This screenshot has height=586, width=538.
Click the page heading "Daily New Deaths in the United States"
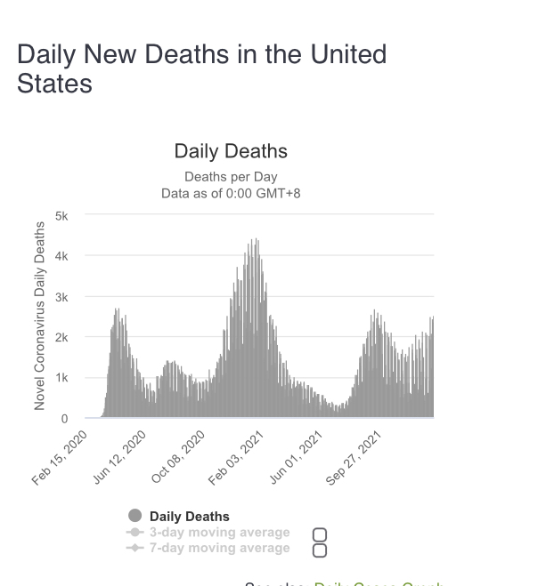(x=201, y=68)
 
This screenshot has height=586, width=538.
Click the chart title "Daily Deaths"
(x=231, y=151)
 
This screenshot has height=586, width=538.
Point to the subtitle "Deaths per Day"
(x=231, y=177)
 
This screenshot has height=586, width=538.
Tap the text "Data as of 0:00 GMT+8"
(x=231, y=193)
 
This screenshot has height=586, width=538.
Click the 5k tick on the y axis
(x=61, y=215)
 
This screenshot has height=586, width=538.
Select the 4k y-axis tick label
(x=61, y=256)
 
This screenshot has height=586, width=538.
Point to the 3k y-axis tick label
(x=61, y=296)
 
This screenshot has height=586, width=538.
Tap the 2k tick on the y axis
(x=61, y=337)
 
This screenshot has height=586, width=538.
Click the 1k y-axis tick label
(x=61, y=378)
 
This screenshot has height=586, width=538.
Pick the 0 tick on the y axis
(x=64, y=418)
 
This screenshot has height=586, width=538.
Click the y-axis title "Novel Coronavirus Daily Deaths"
(x=39, y=315)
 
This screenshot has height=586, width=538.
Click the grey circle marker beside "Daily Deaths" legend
(x=135, y=516)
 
